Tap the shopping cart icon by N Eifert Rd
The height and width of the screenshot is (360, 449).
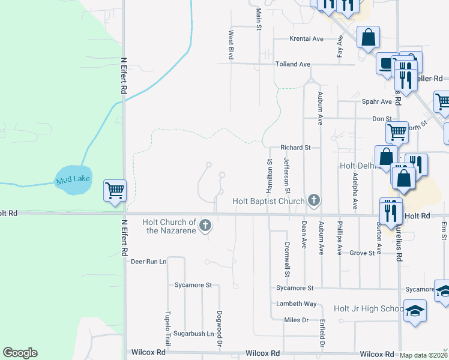tap(115, 191)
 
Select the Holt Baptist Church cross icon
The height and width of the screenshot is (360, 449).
tap(313, 201)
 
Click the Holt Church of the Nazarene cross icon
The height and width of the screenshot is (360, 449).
tap(205, 226)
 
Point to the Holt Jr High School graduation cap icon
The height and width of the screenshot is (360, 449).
tap(414, 311)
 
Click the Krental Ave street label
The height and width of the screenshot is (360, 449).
tap(306, 38)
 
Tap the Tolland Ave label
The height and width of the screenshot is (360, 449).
tap(292, 64)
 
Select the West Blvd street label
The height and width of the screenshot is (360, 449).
tap(231, 45)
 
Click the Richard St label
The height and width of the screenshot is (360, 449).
tap(295, 147)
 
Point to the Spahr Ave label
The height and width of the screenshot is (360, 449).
tap(376, 101)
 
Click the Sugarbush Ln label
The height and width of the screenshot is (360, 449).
tap(194, 333)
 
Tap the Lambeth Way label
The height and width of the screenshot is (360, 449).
tap(296, 304)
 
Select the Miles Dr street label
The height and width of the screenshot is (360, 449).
tap(296, 320)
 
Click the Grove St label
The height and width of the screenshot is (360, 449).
tap(362, 253)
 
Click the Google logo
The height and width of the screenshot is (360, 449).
tap(20, 353)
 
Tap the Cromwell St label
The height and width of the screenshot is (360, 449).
tap(287, 259)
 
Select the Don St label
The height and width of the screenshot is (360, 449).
tap(382, 119)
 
